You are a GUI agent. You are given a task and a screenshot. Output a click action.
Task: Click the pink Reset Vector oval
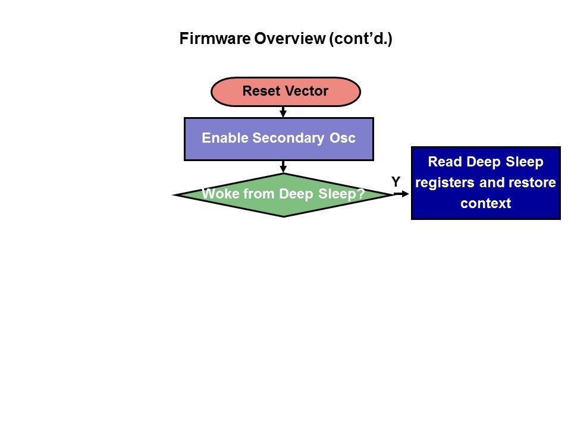[x=285, y=92]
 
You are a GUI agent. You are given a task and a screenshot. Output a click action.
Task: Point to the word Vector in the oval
[x=306, y=92]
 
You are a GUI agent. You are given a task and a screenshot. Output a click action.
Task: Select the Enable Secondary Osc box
[x=278, y=139]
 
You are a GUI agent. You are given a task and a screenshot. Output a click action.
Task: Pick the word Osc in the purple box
[x=343, y=139]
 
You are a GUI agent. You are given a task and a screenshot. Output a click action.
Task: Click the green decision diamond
[x=283, y=195]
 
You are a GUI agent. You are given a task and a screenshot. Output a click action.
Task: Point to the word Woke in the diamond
[x=219, y=194]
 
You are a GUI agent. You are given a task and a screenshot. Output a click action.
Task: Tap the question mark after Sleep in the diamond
[x=360, y=194]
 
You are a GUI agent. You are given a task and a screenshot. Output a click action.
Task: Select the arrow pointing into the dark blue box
[x=403, y=193]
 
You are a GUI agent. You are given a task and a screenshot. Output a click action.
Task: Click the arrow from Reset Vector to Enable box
[x=283, y=112]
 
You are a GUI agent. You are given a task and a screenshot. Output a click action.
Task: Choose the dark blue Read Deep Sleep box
[x=485, y=183]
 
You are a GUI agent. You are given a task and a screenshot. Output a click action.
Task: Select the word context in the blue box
[x=485, y=203]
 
